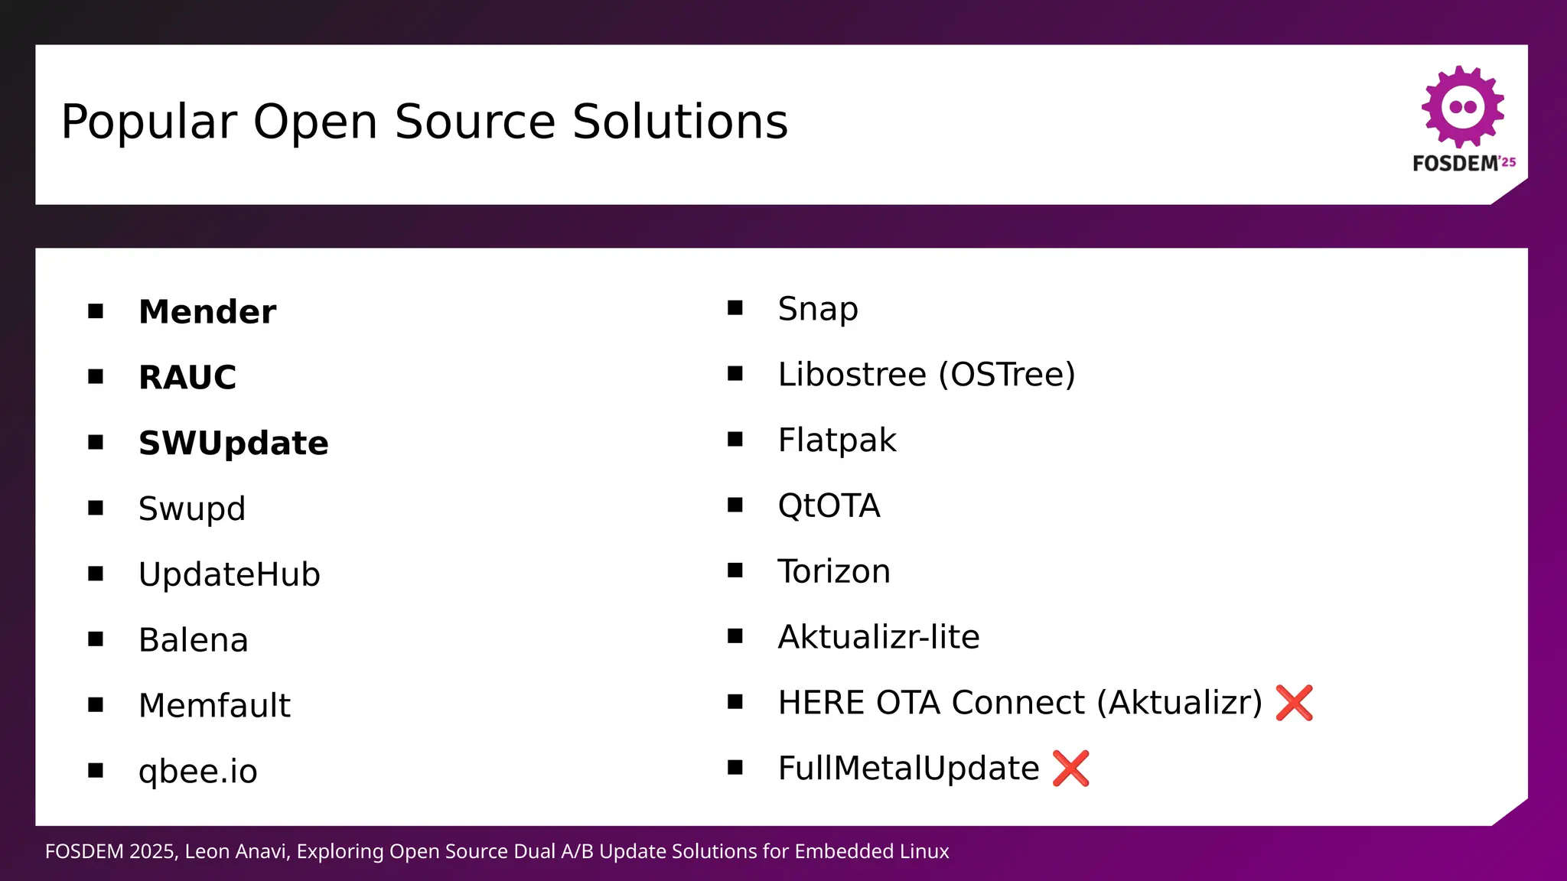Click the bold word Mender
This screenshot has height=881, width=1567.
pos(207,312)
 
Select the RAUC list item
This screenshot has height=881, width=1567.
pos(187,378)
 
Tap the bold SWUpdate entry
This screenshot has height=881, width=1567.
pos(233,444)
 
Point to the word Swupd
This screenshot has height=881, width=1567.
pos(191,509)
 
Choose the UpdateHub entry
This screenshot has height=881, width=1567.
pos(229,575)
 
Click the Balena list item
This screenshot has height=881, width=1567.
pos(193,640)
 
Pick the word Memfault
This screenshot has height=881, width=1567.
pos(214,706)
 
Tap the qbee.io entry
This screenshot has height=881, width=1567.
pos(197,771)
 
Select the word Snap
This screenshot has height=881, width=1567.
pos(817,309)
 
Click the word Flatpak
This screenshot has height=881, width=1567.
pos(836,440)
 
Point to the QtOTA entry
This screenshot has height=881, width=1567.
pos(829,506)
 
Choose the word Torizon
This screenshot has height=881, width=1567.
pos(833,572)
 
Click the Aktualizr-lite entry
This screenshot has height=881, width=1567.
pos(878,637)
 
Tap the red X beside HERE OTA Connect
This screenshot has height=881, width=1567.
pos(1294,703)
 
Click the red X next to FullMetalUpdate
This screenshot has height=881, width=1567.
pos(1070,769)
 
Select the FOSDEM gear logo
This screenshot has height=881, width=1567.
pos(1462,107)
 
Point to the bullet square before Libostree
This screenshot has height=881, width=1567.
pos(735,374)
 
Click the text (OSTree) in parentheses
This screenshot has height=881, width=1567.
pos(1007,375)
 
